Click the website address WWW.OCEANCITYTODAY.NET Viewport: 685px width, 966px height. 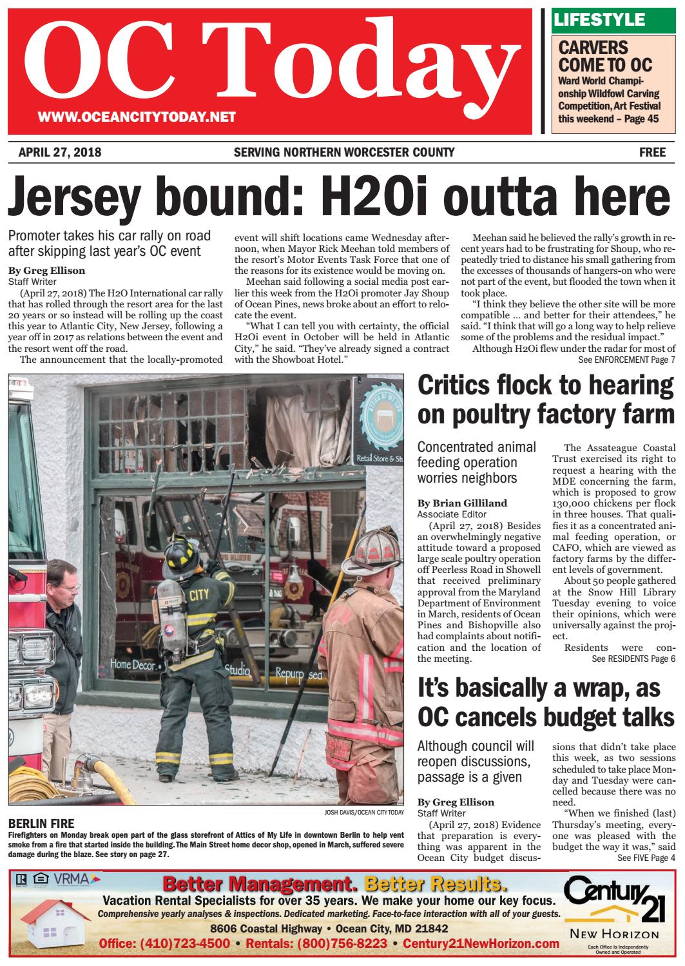[137, 117]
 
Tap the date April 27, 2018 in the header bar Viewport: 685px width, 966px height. [60, 153]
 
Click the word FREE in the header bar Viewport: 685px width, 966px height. [652, 153]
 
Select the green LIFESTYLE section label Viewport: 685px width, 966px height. [599, 20]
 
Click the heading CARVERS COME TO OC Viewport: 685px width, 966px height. [605, 56]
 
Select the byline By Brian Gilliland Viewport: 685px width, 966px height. [461, 503]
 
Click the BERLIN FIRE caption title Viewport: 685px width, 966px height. [42, 823]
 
